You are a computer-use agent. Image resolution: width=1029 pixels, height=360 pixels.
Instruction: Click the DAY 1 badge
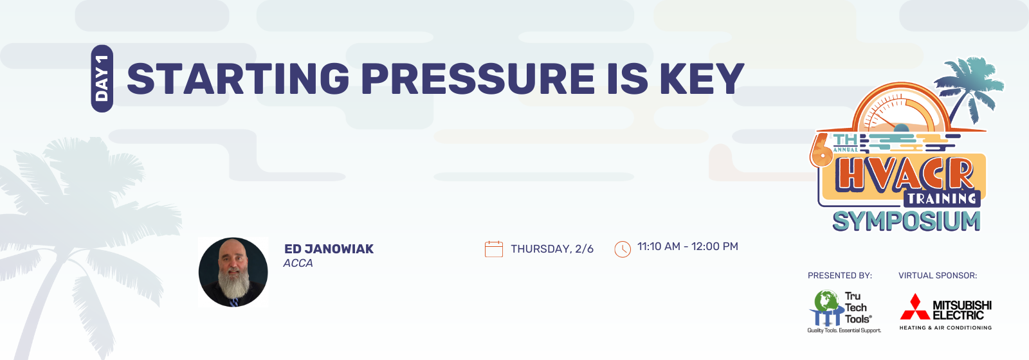(x=102, y=78)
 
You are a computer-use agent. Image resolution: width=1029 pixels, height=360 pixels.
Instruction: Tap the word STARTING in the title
(x=238, y=78)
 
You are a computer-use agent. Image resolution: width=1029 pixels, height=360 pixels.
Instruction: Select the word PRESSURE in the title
(x=478, y=78)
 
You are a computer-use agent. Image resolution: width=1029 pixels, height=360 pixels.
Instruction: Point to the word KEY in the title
(x=702, y=78)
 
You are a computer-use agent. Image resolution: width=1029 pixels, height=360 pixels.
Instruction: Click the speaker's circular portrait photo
(x=233, y=272)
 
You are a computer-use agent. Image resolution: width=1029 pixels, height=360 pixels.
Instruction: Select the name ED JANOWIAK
(x=329, y=249)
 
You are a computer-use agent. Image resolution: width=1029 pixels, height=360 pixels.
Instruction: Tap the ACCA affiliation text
(x=298, y=263)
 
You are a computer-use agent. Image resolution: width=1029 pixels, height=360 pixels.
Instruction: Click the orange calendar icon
(x=494, y=249)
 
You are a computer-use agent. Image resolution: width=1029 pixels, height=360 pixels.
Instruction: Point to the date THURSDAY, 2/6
(x=552, y=249)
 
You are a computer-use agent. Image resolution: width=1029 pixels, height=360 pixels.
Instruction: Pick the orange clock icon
(x=623, y=249)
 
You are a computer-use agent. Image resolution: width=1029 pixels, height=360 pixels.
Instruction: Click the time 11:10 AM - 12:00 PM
(x=688, y=247)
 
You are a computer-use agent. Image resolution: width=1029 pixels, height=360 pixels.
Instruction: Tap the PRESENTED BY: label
(x=840, y=276)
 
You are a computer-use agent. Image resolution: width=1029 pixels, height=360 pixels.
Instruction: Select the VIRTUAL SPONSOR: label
(x=938, y=276)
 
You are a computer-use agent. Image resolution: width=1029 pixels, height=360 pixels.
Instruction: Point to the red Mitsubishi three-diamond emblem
(x=915, y=307)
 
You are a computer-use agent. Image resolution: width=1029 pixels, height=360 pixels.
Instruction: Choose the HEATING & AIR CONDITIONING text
(x=945, y=328)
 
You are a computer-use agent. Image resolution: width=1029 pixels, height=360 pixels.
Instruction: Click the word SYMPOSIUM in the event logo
(x=906, y=221)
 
